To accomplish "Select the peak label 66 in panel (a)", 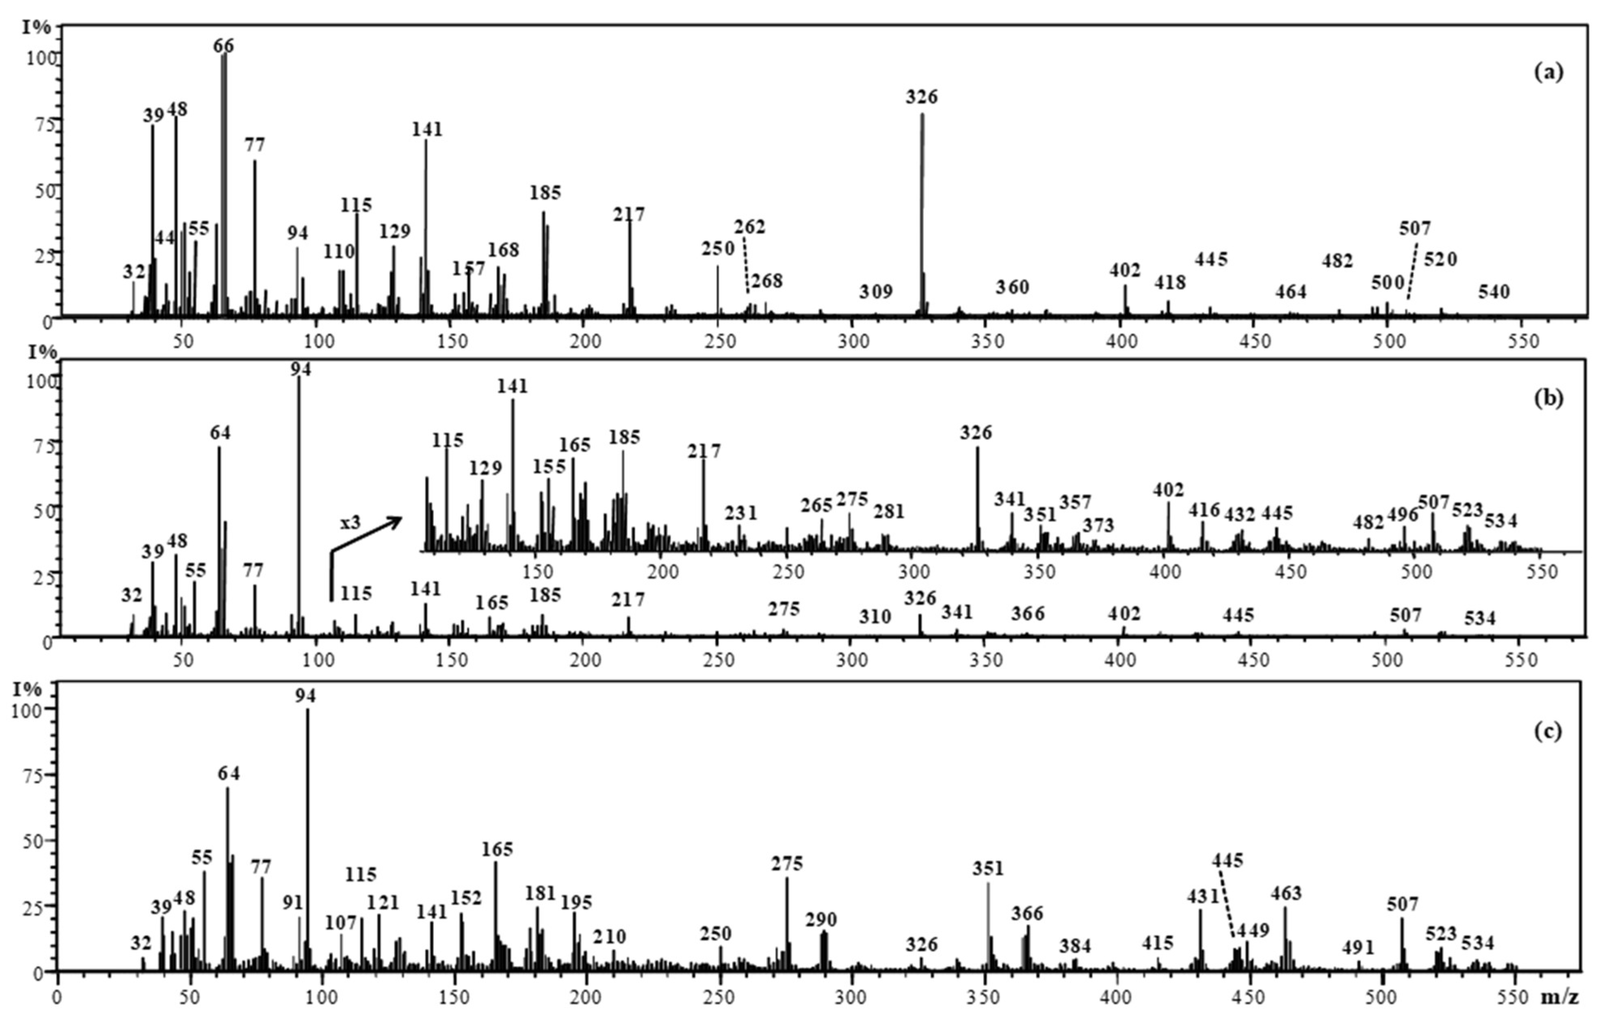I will point(223,46).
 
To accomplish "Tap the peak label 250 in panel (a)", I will point(718,249).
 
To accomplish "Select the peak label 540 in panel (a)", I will point(1494,292).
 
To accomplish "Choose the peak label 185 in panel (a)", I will point(545,192).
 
